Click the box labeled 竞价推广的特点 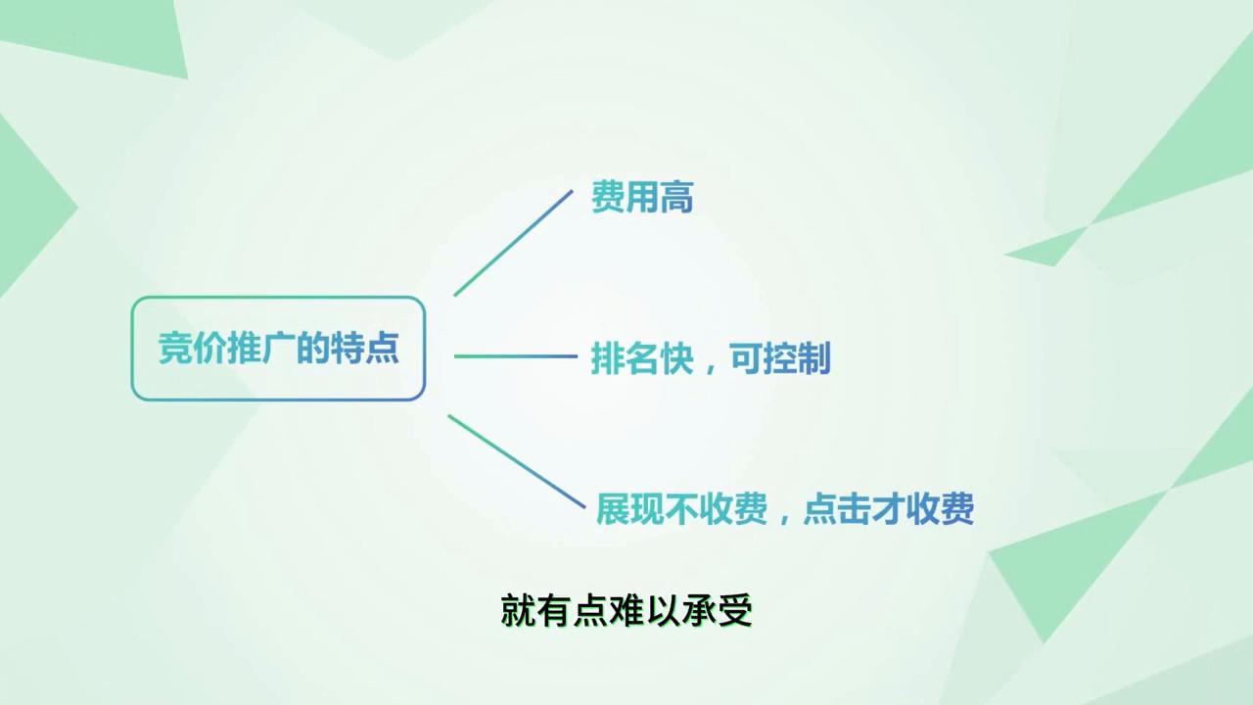click(x=278, y=349)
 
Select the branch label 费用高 click(x=642, y=198)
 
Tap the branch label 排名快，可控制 click(x=711, y=358)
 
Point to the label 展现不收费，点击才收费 click(x=785, y=509)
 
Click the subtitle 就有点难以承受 click(x=626, y=611)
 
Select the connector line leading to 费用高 click(x=513, y=242)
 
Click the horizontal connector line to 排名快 click(x=515, y=356)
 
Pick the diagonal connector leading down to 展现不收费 click(x=516, y=459)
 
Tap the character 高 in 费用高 click(x=676, y=198)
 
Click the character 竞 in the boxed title click(x=175, y=349)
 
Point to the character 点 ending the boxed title click(x=382, y=349)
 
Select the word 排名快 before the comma click(x=642, y=358)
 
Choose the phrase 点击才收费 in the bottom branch click(x=888, y=509)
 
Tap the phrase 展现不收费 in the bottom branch click(x=681, y=509)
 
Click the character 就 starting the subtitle click(x=518, y=611)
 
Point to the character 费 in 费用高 click(x=608, y=198)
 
